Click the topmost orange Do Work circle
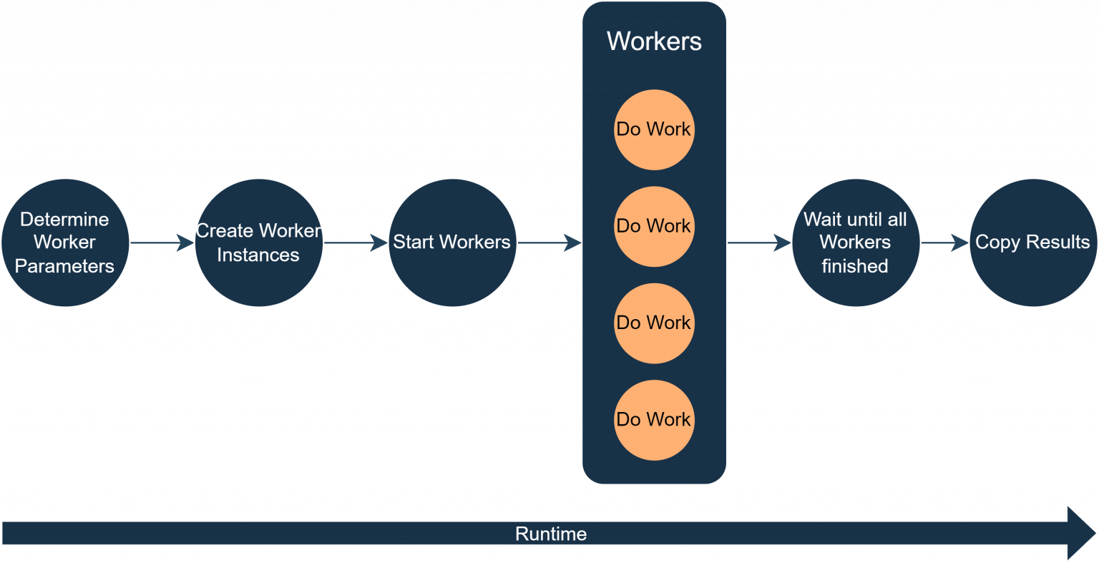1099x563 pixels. click(654, 129)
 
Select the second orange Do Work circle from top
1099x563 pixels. click(654, 226)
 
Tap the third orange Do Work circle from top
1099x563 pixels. click(654, 323)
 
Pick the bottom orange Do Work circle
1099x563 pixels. click(654, 419)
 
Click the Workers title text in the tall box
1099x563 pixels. click(654, 41)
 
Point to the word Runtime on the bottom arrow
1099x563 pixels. click(551, 534)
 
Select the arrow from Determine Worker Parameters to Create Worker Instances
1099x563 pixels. click(162, 243)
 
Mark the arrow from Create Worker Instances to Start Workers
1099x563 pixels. click(356, 243)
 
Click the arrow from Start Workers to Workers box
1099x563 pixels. click(549, 243)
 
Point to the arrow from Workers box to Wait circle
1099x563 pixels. click(759, 243)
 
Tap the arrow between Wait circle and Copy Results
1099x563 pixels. click(944, 243)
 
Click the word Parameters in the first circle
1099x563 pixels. click(65, 266)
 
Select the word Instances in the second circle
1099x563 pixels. click(258, 255)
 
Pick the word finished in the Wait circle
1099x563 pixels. click(855, 266)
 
